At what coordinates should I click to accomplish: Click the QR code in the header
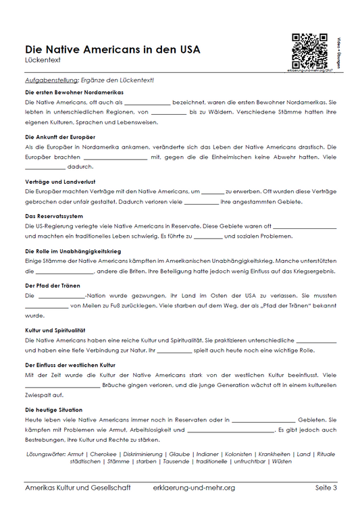point(305,49)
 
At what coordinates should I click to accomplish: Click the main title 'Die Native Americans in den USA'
point(112,49)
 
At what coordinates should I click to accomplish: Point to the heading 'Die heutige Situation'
point(53,409)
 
